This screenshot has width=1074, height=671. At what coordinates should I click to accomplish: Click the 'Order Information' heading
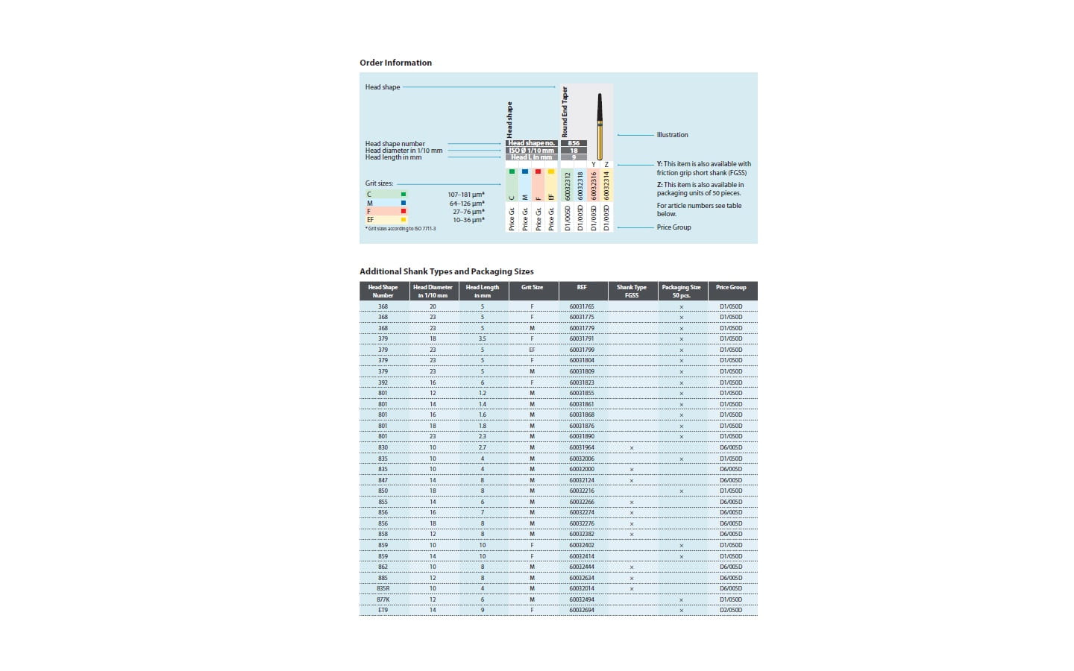395,63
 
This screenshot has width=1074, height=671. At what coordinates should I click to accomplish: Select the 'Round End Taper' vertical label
565,111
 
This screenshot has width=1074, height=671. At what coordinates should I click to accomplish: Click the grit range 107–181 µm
466,195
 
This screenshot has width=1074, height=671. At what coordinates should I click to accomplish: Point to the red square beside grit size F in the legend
403,212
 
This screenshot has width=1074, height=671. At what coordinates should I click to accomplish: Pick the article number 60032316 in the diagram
594,186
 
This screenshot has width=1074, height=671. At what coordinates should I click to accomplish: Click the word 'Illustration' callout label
672,135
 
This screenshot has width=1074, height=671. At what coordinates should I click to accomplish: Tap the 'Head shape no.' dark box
531,143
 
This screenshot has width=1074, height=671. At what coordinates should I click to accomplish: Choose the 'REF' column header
582,287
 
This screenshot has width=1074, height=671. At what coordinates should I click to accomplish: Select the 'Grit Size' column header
532,287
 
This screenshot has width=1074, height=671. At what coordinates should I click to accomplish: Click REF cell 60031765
582,306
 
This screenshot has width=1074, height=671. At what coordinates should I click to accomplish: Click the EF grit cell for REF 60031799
532,350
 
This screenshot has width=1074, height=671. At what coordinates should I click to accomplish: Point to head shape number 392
383,382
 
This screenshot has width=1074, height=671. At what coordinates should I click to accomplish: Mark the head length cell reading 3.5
483,339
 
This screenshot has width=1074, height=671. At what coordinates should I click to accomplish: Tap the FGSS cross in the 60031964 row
632,448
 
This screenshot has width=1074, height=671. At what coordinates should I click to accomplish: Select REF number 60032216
582,491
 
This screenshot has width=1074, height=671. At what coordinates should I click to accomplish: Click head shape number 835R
383,588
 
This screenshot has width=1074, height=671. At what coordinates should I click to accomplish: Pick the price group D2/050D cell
731,610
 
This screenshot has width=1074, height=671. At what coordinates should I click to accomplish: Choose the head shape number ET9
383,610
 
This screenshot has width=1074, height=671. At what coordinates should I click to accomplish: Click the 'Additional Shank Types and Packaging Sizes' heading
446,271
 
